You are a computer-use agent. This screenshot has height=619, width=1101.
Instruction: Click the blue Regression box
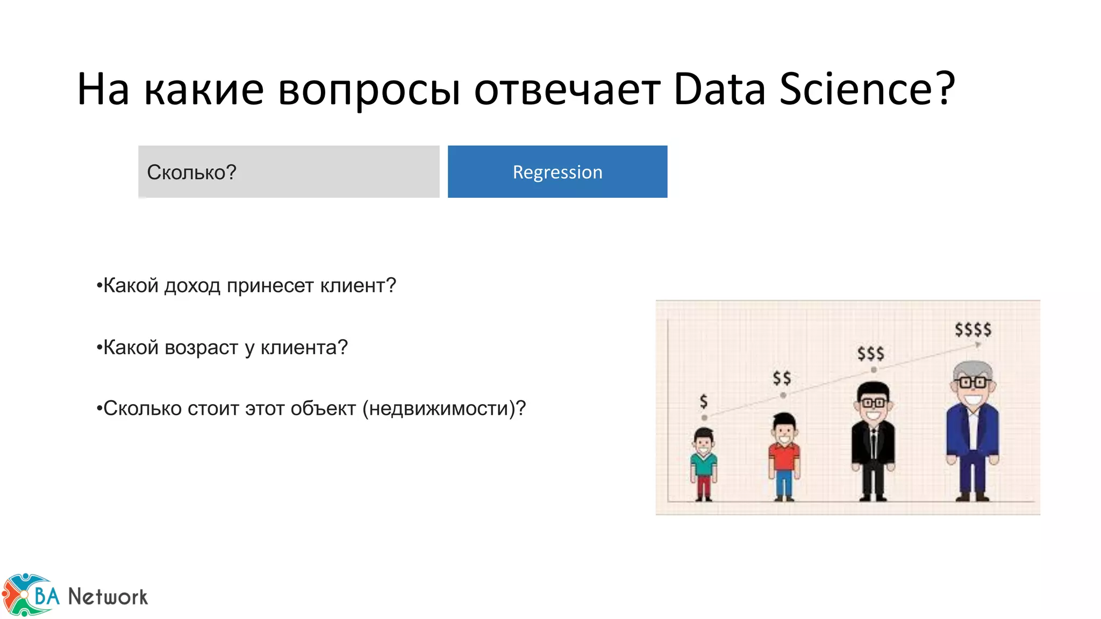point(557,172)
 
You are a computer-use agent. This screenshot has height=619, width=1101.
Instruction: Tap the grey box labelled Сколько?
point(289,172)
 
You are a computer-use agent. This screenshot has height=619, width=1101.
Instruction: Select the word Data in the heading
point(719,89)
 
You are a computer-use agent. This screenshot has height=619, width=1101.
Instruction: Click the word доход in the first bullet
point(192,286)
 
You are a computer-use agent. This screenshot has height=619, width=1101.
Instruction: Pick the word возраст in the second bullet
point(202,348)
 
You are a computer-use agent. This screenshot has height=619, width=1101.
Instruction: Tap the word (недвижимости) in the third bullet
point(439,409)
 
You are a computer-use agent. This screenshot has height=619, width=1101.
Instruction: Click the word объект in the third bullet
point(323,409)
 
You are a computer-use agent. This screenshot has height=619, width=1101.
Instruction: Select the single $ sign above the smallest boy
point(704,401)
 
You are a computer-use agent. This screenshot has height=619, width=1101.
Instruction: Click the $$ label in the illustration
point(782,378)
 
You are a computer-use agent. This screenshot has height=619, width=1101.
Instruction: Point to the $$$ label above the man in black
point(871,354)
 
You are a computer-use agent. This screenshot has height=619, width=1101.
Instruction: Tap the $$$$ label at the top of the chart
point(973,329)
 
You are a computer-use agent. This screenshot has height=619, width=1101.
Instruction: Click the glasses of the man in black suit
point(874,402)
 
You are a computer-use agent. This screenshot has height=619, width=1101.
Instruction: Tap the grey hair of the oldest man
point(973,370)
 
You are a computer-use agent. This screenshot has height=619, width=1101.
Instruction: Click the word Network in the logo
point(108,597)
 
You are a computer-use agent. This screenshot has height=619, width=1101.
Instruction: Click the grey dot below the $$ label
point(783,395)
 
